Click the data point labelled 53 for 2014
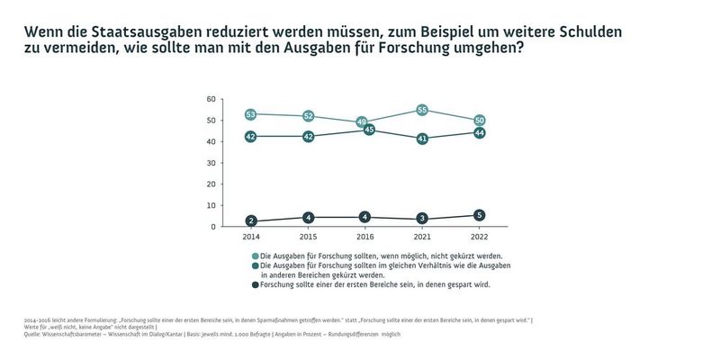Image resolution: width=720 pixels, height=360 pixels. pos(251,114)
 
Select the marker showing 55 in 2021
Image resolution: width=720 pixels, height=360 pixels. pos(421,110)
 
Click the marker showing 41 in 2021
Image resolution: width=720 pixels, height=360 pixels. pos(421,139)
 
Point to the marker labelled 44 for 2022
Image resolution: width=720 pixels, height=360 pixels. pos(480,132)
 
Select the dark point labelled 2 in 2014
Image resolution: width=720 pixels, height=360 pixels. pos(251,221)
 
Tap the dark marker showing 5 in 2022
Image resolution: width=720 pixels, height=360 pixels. pos(480,215)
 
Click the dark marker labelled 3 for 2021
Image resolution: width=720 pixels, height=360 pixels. pos(421,220)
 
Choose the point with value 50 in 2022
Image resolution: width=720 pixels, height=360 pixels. pos(480,120)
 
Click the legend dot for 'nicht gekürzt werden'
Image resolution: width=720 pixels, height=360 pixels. pos(255,256)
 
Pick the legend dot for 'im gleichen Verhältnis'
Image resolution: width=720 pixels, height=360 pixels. pos(255,266)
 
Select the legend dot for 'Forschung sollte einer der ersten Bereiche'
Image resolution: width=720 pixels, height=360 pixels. pos(255,285)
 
